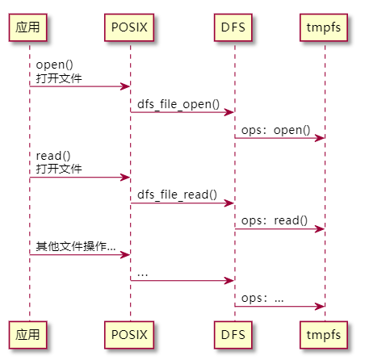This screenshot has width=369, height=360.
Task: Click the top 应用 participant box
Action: click(29, 28)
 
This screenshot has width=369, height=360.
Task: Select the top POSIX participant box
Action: click(130, 28)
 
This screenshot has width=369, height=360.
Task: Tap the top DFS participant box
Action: click(234, 28)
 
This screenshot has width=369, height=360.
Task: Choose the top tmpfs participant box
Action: click(325, 28)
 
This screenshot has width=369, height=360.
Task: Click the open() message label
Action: click(53, 65)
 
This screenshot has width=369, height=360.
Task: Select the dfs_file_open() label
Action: click(177, 103)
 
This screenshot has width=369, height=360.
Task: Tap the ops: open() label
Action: click(275, 129)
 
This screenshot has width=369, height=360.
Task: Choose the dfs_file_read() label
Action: click(177, 195)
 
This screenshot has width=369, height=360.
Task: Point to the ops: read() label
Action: click(275, 220)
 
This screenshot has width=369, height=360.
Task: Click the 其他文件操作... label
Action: click(75, 246)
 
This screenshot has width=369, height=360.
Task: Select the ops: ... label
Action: click(262, 298)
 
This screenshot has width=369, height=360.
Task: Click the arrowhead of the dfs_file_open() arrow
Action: click(229, 112)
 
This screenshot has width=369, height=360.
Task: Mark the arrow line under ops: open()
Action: click(279, 138)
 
